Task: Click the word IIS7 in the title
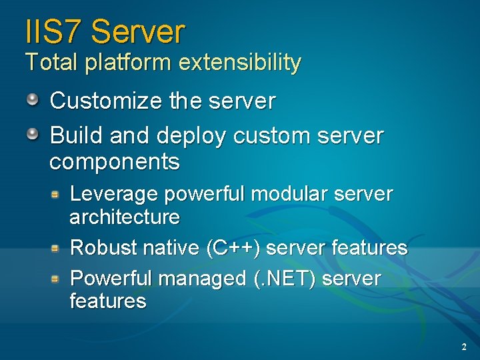[x=53, y=31]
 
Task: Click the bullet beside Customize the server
[x=33, y=100]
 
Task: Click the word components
[x=115, y=161]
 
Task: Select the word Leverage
[x=114, y=195]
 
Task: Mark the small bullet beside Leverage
[x=57, y=194]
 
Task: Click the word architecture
[x=125, y=217]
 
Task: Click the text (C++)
[x=234, y=248]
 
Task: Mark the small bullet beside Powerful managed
[x=57, y=278]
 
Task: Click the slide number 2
[x=463, y=347]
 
